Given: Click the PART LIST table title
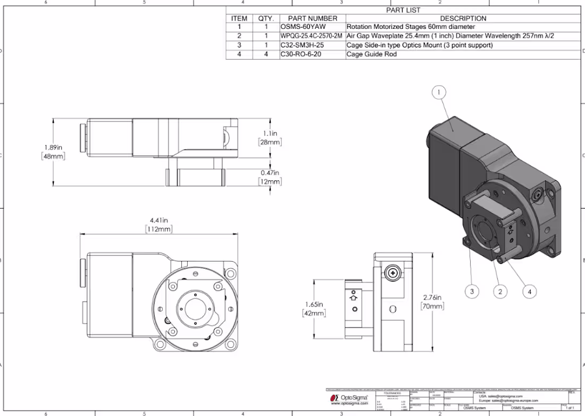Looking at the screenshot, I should [403, 10].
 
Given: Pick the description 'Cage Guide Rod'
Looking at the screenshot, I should [372, 54].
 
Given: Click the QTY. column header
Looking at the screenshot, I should [266, 18].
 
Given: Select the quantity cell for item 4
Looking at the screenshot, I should [266, 54].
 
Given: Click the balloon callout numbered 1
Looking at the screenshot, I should [439, 93].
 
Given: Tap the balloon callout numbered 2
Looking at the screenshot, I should [499, 291].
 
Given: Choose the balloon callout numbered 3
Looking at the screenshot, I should [471, 291].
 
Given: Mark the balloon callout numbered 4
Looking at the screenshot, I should [529, 291].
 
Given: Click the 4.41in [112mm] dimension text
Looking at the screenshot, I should [158, 224].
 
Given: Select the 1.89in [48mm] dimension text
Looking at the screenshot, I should [53, 152].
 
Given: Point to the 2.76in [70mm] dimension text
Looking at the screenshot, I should [432, 302].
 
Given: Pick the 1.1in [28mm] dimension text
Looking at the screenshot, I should [270, 138].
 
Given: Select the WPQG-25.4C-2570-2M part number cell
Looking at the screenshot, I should [312, 36].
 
